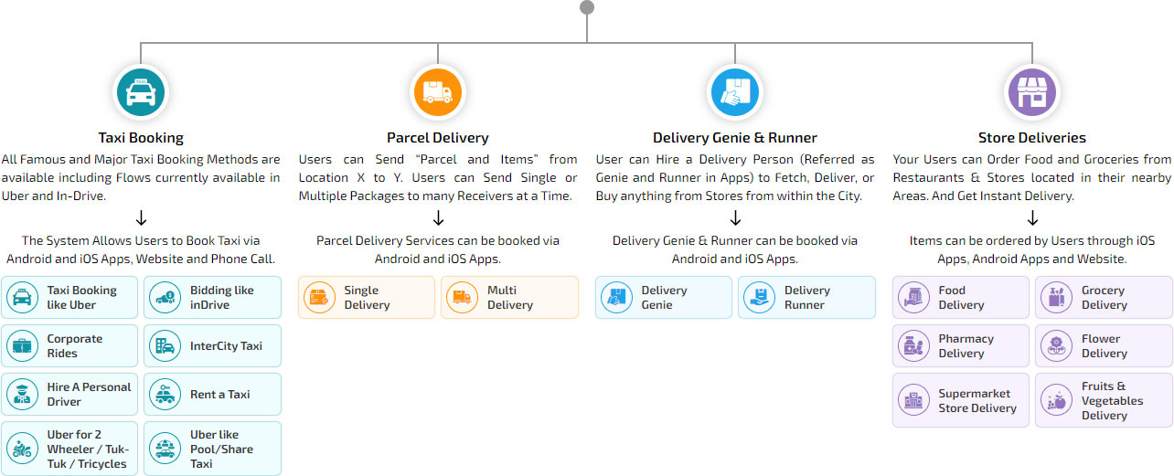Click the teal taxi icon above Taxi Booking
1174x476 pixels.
141,92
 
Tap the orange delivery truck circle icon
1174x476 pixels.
438,92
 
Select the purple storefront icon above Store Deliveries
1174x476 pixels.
1032,92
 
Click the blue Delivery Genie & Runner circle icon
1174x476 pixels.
735,92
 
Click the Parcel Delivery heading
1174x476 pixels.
437,138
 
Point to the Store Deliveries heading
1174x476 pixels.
1032,138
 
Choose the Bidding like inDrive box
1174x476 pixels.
212,298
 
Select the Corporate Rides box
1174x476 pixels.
70,346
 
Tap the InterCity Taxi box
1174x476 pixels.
212,346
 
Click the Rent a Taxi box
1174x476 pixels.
212,395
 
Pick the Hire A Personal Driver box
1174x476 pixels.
70,395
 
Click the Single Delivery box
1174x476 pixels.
367,298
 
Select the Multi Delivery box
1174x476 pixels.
509,298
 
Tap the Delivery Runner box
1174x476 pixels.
806,298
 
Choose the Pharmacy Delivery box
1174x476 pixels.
961,346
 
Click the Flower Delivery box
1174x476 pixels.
1104,346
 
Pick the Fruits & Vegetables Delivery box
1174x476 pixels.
1104,400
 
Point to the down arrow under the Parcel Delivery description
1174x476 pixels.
438,218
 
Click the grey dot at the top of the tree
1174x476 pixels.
587,7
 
